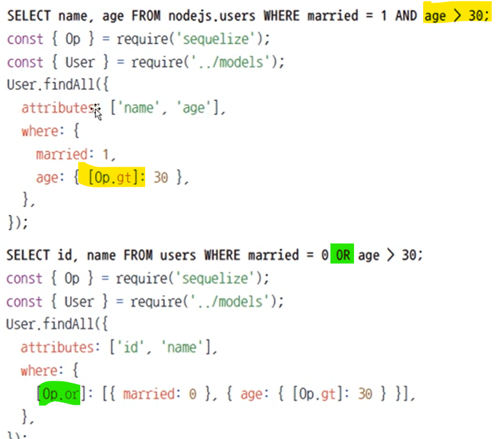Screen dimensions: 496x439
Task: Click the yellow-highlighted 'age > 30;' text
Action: pos(456,15)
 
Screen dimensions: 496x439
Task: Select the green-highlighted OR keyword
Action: pos(342,255)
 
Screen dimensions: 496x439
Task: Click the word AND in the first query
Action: pos(406,15)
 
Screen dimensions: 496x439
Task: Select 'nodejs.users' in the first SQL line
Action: pos(212,16)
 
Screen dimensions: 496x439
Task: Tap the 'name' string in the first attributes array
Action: pos(138,108)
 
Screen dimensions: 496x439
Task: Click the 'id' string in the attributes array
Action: pos(131,347)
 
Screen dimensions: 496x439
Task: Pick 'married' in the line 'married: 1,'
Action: pos(61,154)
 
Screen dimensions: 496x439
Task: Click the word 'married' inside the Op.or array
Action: pos(149,394)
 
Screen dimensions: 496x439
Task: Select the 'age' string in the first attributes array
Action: pos(194,108)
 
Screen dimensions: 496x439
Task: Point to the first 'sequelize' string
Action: pos(216,39)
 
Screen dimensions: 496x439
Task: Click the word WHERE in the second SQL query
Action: pos(222,255)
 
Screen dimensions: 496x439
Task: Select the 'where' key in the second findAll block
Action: pos(40,370)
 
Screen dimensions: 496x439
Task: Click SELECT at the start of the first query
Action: pos(29,15)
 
